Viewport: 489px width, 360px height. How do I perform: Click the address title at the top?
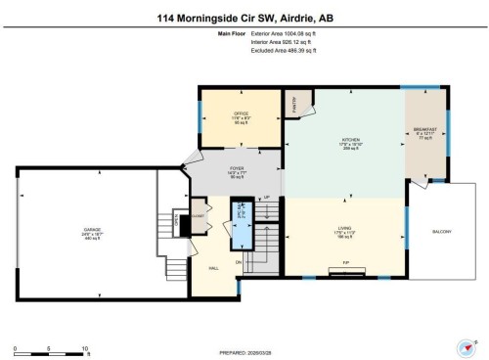[x=244, y=17]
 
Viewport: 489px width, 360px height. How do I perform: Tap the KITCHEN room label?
[x=345, y=141]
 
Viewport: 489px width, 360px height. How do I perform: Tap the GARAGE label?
[x=92, y=231]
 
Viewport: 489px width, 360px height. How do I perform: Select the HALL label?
[x=211, y=267]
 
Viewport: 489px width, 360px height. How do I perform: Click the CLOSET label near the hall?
[x=197, y=213]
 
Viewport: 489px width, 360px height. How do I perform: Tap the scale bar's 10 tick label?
[x=86, y=349]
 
